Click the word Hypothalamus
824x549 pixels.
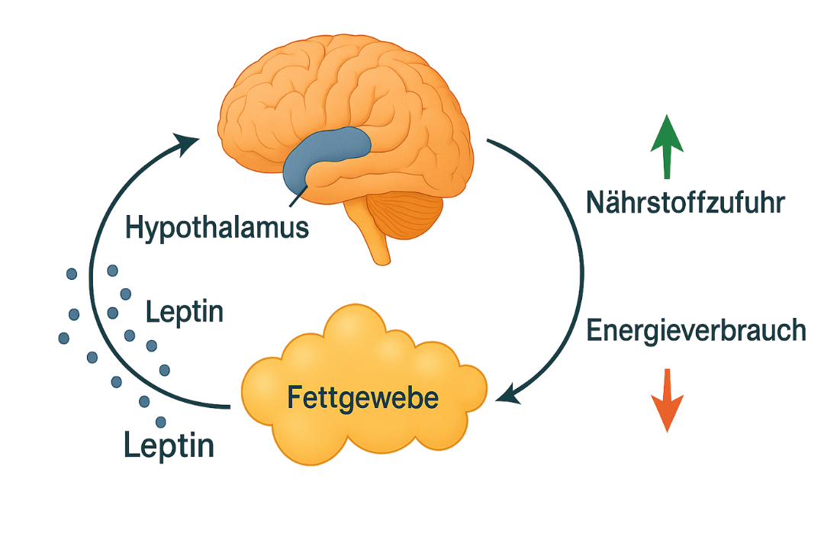[217, 227]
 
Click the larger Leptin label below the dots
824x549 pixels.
[169, 445]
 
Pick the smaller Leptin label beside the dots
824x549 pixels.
[184, 312]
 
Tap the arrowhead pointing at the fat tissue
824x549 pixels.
[507, 396]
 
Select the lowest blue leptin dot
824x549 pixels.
[160, 422]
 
